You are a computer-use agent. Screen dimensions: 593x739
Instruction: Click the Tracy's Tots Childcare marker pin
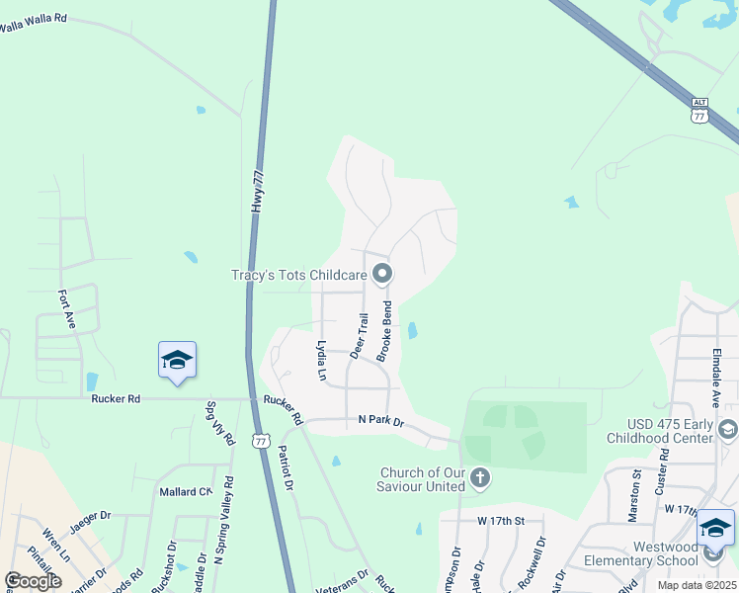[x=382, y=274]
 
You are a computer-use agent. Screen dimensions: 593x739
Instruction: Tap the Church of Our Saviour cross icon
[x=479, y=479]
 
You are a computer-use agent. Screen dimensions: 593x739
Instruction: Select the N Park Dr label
[x=381, y=421]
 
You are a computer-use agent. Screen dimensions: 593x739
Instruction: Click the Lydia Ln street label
[x=321, y=361]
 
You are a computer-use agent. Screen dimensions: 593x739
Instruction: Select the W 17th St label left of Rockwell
[x=499, y=520]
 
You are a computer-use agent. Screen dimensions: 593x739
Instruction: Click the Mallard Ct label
[x=186, y=490]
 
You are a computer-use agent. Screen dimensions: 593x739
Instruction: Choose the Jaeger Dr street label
[x=91, y=515]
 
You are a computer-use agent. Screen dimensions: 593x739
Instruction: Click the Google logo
[x=33, y=581]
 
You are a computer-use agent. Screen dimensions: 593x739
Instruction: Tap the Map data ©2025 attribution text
[x=697, y=585]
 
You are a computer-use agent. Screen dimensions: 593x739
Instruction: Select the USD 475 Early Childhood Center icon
[x=727, y=429]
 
